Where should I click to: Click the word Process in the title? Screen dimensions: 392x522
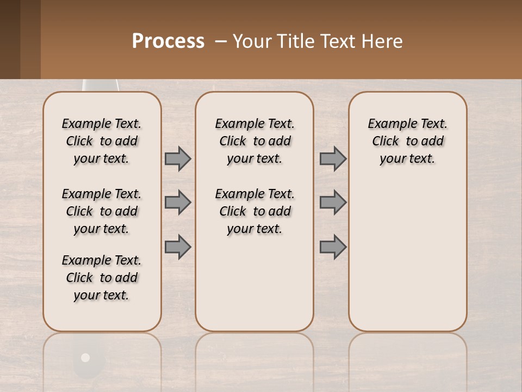[168, 41]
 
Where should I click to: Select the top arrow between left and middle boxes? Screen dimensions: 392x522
[178, 158]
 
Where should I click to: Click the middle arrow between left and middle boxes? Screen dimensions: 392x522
[178, 203]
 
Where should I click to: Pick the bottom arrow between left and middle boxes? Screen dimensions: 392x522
[178, 247]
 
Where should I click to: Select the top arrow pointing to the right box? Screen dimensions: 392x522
[333, 158]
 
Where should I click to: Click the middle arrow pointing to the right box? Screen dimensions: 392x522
[333, 203]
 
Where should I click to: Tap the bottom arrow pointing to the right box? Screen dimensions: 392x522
[333, 247]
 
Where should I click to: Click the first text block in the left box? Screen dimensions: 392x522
[102, 141]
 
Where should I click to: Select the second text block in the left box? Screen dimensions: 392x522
[102, 211]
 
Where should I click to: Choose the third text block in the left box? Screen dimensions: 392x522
[102, 278]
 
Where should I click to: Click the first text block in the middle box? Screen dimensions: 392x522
[254, 141]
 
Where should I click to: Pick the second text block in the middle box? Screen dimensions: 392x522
[254, 211]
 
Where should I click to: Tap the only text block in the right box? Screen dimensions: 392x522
[407, 141]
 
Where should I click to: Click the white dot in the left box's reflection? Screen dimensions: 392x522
[85, 358]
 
